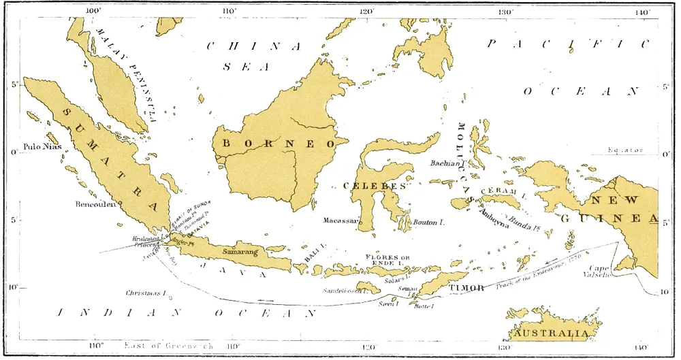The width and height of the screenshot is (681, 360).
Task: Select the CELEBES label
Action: click(374, 186)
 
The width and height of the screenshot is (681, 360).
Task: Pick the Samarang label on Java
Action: click(241, 252)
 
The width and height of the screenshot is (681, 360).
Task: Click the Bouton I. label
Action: click(429, 223)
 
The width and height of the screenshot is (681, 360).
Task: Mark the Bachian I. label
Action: click(447, 163)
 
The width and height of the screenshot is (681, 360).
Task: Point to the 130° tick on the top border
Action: click(505, 12)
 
